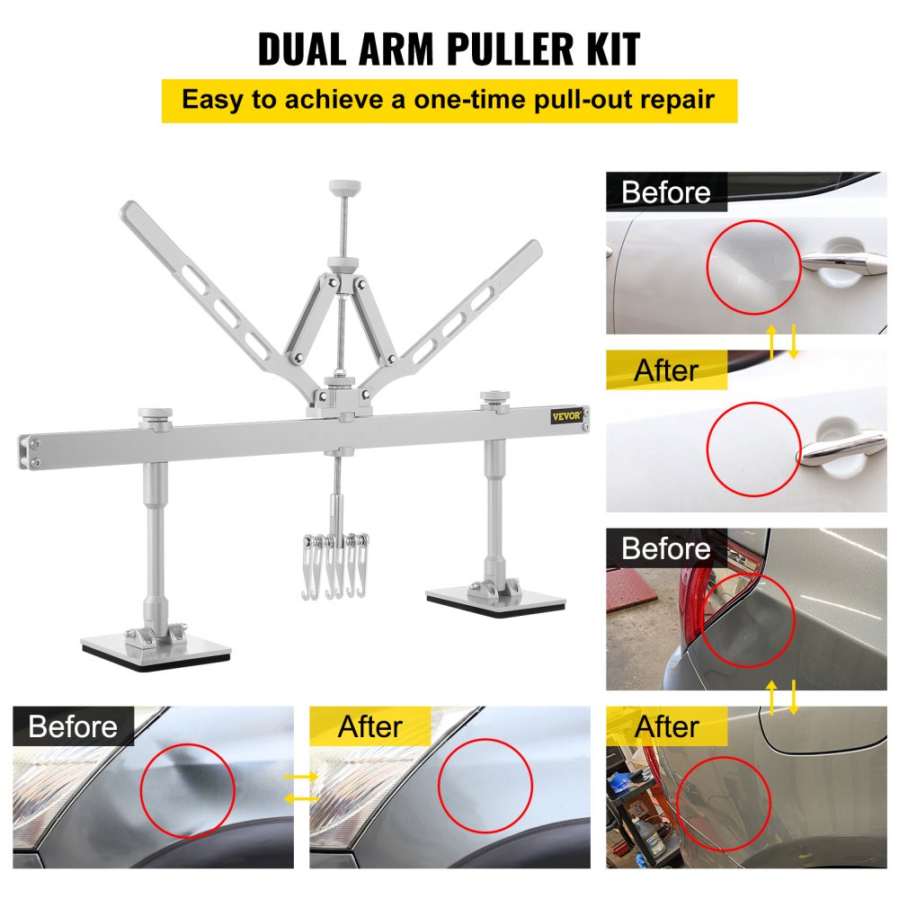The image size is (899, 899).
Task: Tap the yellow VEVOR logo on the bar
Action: [566, 414]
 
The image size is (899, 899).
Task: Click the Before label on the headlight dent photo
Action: [73, 726]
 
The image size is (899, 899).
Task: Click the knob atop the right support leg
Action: [494, 396]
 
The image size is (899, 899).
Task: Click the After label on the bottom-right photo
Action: [667, 726]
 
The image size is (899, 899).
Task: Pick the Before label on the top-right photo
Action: [665, 192]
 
